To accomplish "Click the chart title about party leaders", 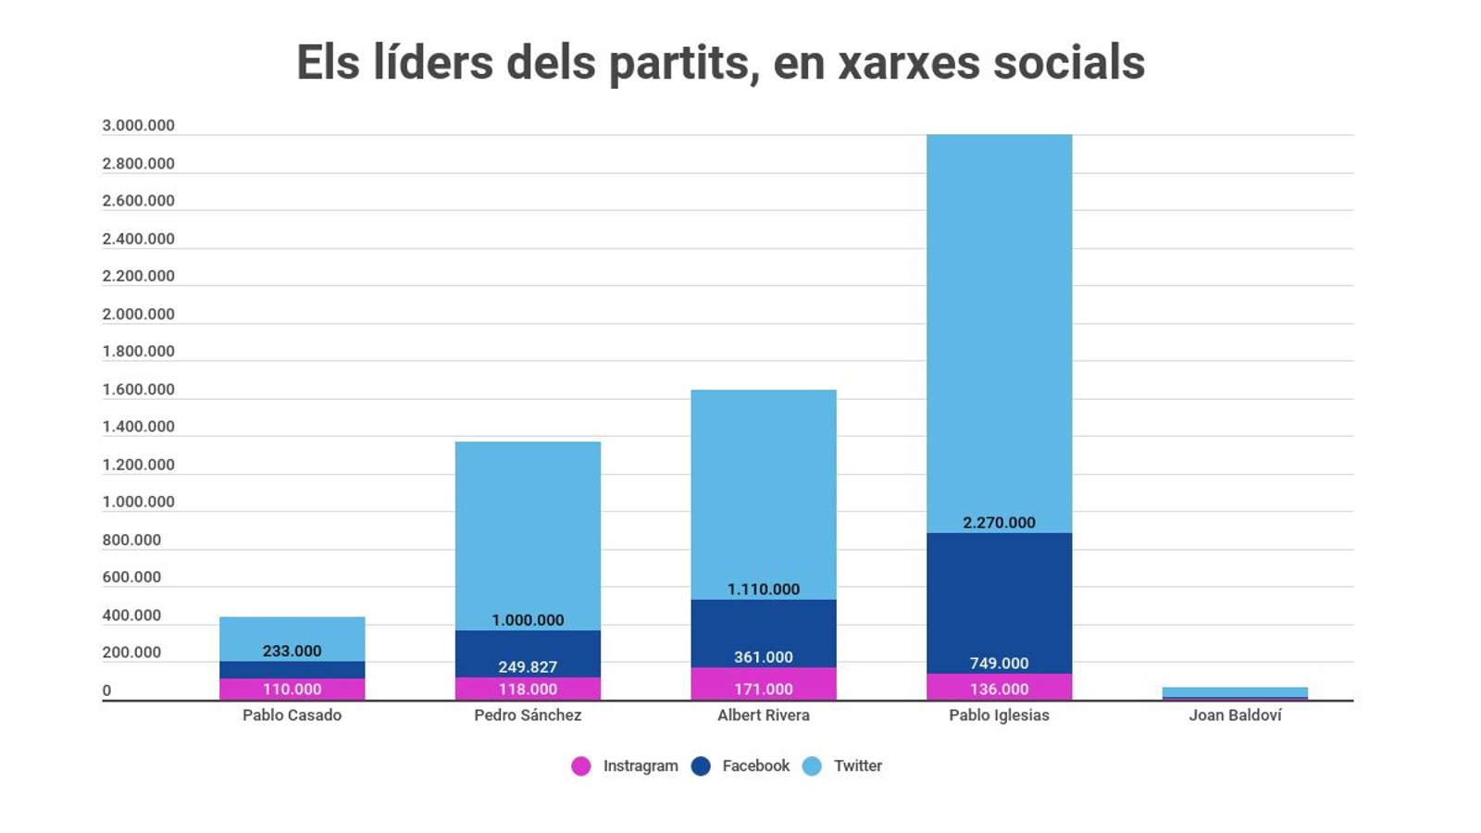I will [x=720, y=63].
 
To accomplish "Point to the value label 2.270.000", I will [x=999, y=523].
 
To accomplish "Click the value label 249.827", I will [x=528, y=666].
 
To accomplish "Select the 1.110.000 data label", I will [x=763, y=590].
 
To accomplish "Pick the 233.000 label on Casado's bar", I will [x=292, y=651].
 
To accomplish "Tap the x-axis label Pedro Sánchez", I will [x=528, y=715].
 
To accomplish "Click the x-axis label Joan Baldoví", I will [x=1235, y=715].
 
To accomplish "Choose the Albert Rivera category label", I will [x=763, y=715].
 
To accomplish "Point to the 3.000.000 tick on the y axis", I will [x=138, y=126].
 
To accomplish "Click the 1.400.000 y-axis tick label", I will [x=138, y=427].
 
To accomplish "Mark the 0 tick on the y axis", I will [x=106, y=690].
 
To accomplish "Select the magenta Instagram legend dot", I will [x=581, y=766].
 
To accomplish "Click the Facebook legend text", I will [x=755, y=766].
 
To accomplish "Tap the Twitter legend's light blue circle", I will [x=812, y=766].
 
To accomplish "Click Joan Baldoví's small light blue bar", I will [x=1235, y=691].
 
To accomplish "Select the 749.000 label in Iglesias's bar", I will [x=999, y=664].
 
